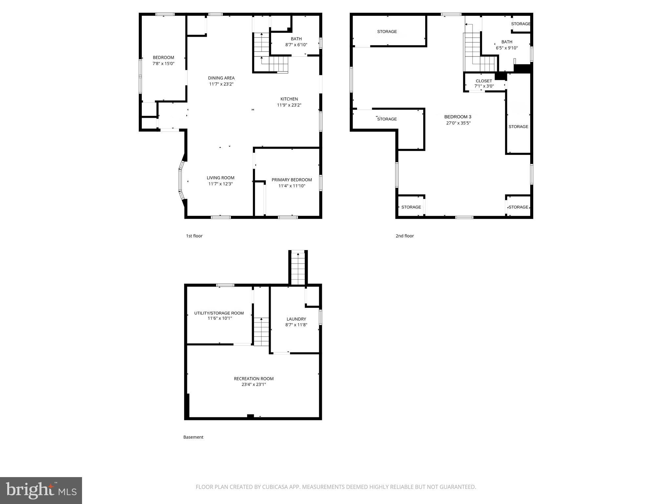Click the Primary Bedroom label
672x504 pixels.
click(x=291, y=180)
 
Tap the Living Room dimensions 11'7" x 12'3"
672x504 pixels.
click(x=220, y=184)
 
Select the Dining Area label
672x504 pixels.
click(x=221, y=78)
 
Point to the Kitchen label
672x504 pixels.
click(x=289, y=99)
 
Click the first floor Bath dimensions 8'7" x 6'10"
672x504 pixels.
click(x=296, y=45)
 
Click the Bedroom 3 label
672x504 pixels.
click(x=458, y=117)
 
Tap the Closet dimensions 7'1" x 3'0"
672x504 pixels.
click(x=484, y=86)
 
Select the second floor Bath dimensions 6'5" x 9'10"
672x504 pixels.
click(x=507, y=48)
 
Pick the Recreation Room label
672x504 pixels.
click(x=254, y=379)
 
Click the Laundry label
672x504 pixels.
click(x=296, y=319)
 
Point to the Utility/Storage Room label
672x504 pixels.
click(x=219, y=313)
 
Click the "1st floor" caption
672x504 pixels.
click(x=194, y=236)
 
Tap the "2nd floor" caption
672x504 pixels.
click(x=405, y=236)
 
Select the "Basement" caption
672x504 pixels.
click(x=193, y=437)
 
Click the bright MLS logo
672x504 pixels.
click(x=41, y=491)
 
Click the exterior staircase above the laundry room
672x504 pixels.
click(x=298, y=267)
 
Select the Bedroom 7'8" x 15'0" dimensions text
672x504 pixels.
click(x=163, y=64)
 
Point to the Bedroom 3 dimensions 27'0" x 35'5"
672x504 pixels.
click(x=458, y=123)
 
